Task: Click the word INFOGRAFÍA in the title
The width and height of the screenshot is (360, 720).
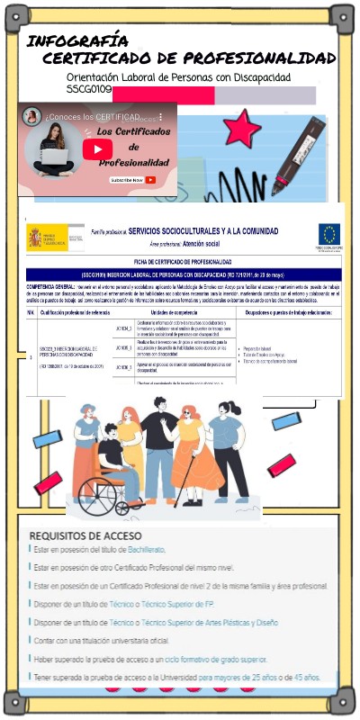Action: tap(77, 41)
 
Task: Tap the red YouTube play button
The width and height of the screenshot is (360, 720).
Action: tap(97, 148)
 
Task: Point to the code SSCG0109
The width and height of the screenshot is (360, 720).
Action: tap(89, 90)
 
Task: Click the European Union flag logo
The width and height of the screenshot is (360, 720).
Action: tap(329, 236)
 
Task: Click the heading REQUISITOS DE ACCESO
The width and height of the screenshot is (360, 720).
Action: tap(85, 536)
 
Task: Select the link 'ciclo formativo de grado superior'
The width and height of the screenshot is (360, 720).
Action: tap(215, 659)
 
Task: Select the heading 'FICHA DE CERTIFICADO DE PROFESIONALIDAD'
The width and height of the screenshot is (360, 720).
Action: tap(184, 261)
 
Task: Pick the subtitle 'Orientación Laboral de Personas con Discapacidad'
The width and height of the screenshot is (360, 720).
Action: tap(179, 77)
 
